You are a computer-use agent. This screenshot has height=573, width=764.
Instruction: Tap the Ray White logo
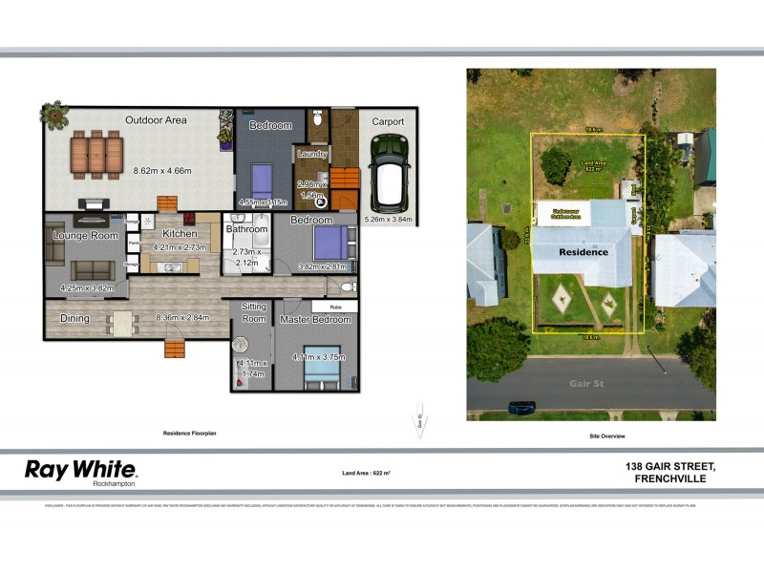pyautogui.click(x=80, y=470)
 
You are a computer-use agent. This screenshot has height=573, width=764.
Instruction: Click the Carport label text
pyautogui.click(x=388, y=121)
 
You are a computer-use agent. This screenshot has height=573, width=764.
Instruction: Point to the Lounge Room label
pyautogui.click(x=85, y=235)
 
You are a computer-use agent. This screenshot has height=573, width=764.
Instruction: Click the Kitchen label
pyautogui.click(x=180, y=233)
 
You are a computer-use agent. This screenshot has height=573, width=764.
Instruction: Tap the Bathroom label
pyautogui.click(x=246, y=229)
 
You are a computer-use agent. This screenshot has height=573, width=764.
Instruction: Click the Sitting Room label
pyautogui.click(x=253, y=312)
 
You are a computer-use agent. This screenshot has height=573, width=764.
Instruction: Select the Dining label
pyautogui.click(x=74, y=318)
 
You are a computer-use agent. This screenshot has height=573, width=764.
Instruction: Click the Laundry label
pyautogui.click(x=312, y=154)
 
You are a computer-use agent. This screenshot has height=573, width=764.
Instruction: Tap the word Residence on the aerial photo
pyautogui.click(x=583, y=252)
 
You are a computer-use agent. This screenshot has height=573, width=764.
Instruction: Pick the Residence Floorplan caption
pyautogui.click(x=190, y=434)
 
